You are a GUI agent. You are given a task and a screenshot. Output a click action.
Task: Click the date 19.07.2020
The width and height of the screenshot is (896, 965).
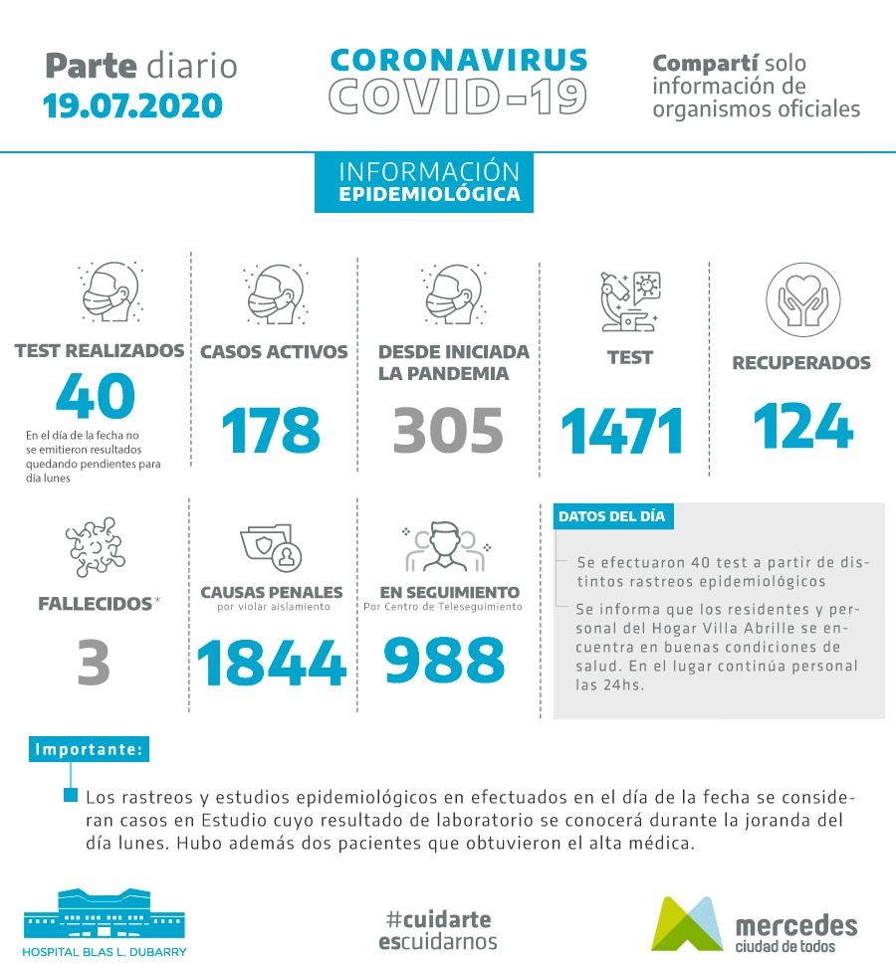point(132,104)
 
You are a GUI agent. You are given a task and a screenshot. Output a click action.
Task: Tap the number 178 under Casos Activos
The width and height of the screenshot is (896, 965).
point(271,430)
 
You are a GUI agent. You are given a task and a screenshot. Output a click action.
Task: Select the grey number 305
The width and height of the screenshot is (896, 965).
point(449,430)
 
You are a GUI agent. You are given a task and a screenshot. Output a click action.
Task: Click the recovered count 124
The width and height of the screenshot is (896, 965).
point(802,426)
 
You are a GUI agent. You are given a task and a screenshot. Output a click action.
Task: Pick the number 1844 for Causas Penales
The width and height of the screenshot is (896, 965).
point(272,664)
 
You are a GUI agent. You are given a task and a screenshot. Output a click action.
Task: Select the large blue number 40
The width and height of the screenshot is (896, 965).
point(96,396)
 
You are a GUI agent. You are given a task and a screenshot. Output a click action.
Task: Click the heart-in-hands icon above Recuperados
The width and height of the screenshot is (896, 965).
point(802,299)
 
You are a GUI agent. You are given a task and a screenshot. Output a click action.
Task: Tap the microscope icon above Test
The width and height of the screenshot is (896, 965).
point(630,299)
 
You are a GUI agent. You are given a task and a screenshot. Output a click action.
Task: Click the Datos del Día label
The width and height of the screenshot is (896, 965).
point(611,517)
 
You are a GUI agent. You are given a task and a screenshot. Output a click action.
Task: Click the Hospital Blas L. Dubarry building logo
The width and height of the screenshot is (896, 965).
point(104,914)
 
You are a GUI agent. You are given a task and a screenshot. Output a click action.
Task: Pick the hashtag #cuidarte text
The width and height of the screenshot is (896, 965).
point(437,919)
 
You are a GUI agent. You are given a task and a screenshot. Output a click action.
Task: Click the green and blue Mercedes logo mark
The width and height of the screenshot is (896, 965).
point(687,923)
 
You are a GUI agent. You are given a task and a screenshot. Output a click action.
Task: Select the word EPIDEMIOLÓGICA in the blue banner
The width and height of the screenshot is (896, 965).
point(429,195)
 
